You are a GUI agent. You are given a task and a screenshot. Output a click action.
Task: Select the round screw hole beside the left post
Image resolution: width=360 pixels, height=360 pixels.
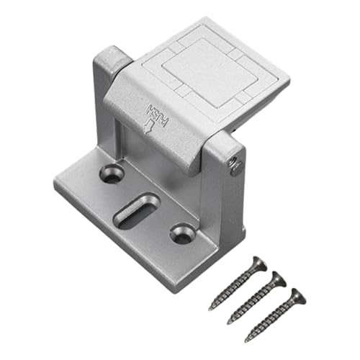tap(112, 172)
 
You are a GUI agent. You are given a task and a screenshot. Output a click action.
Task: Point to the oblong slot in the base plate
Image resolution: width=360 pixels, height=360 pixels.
tap(137, 210)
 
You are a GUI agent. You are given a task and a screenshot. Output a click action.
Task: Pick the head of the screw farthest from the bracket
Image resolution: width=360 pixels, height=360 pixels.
tap(294, 294)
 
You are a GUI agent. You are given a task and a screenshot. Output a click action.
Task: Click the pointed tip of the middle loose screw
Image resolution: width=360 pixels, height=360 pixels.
tap(228, 322)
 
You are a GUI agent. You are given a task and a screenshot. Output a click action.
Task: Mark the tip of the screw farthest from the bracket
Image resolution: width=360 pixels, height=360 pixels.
tap(246, 339)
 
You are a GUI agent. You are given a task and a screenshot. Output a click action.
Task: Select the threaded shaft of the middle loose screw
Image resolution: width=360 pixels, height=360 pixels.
tap(252, 301)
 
